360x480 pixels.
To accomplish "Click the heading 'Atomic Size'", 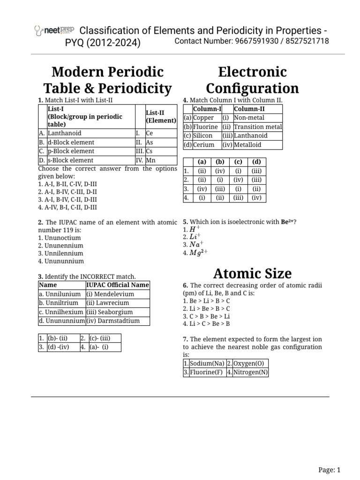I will tap(253, 273).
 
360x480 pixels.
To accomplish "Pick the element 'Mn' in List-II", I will tap(150, 160).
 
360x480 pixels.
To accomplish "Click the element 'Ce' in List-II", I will tap(150, 133).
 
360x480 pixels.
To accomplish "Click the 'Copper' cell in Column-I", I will tap(203, 118).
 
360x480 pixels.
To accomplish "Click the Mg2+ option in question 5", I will tap(198, 253).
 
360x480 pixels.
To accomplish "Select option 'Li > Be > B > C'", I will tap(206, 308).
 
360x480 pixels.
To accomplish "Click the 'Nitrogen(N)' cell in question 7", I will tap(251, 373).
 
